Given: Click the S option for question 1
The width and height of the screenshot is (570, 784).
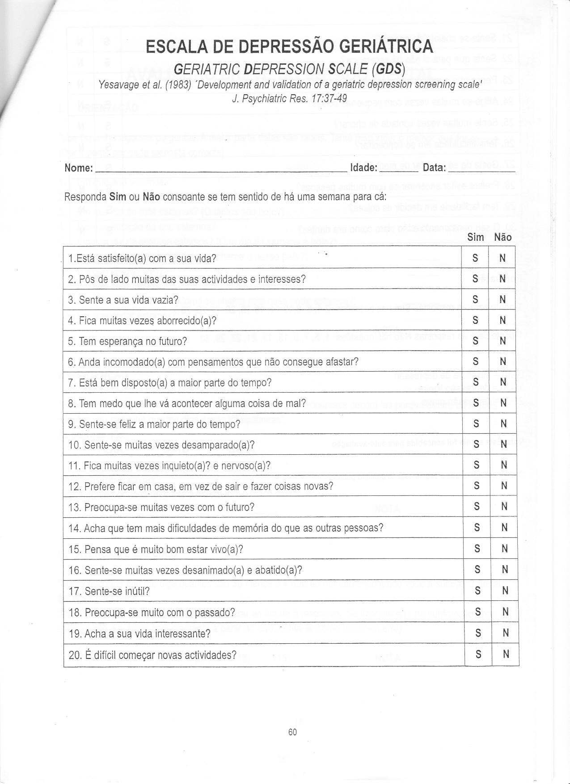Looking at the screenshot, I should coord(475,258).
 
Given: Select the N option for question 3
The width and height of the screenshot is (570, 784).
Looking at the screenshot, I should coord(502,299).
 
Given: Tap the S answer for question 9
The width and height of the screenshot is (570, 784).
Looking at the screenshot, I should coord(476,423).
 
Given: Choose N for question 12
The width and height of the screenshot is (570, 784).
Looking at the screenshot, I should coord(504,486).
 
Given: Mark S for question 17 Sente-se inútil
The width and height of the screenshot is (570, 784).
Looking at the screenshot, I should coord(477,591).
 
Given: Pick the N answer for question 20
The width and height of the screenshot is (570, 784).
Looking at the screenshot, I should coord(506,654).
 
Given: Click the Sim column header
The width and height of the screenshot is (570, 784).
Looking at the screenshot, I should coord(476,237).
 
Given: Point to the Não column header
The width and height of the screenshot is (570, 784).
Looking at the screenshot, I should coord(503,237).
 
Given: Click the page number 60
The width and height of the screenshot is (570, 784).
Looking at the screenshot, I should coord(293,732).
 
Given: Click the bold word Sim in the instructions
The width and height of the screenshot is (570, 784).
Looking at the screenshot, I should coord(117,197).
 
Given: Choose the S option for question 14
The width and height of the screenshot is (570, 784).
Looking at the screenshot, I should coord(477,528).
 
